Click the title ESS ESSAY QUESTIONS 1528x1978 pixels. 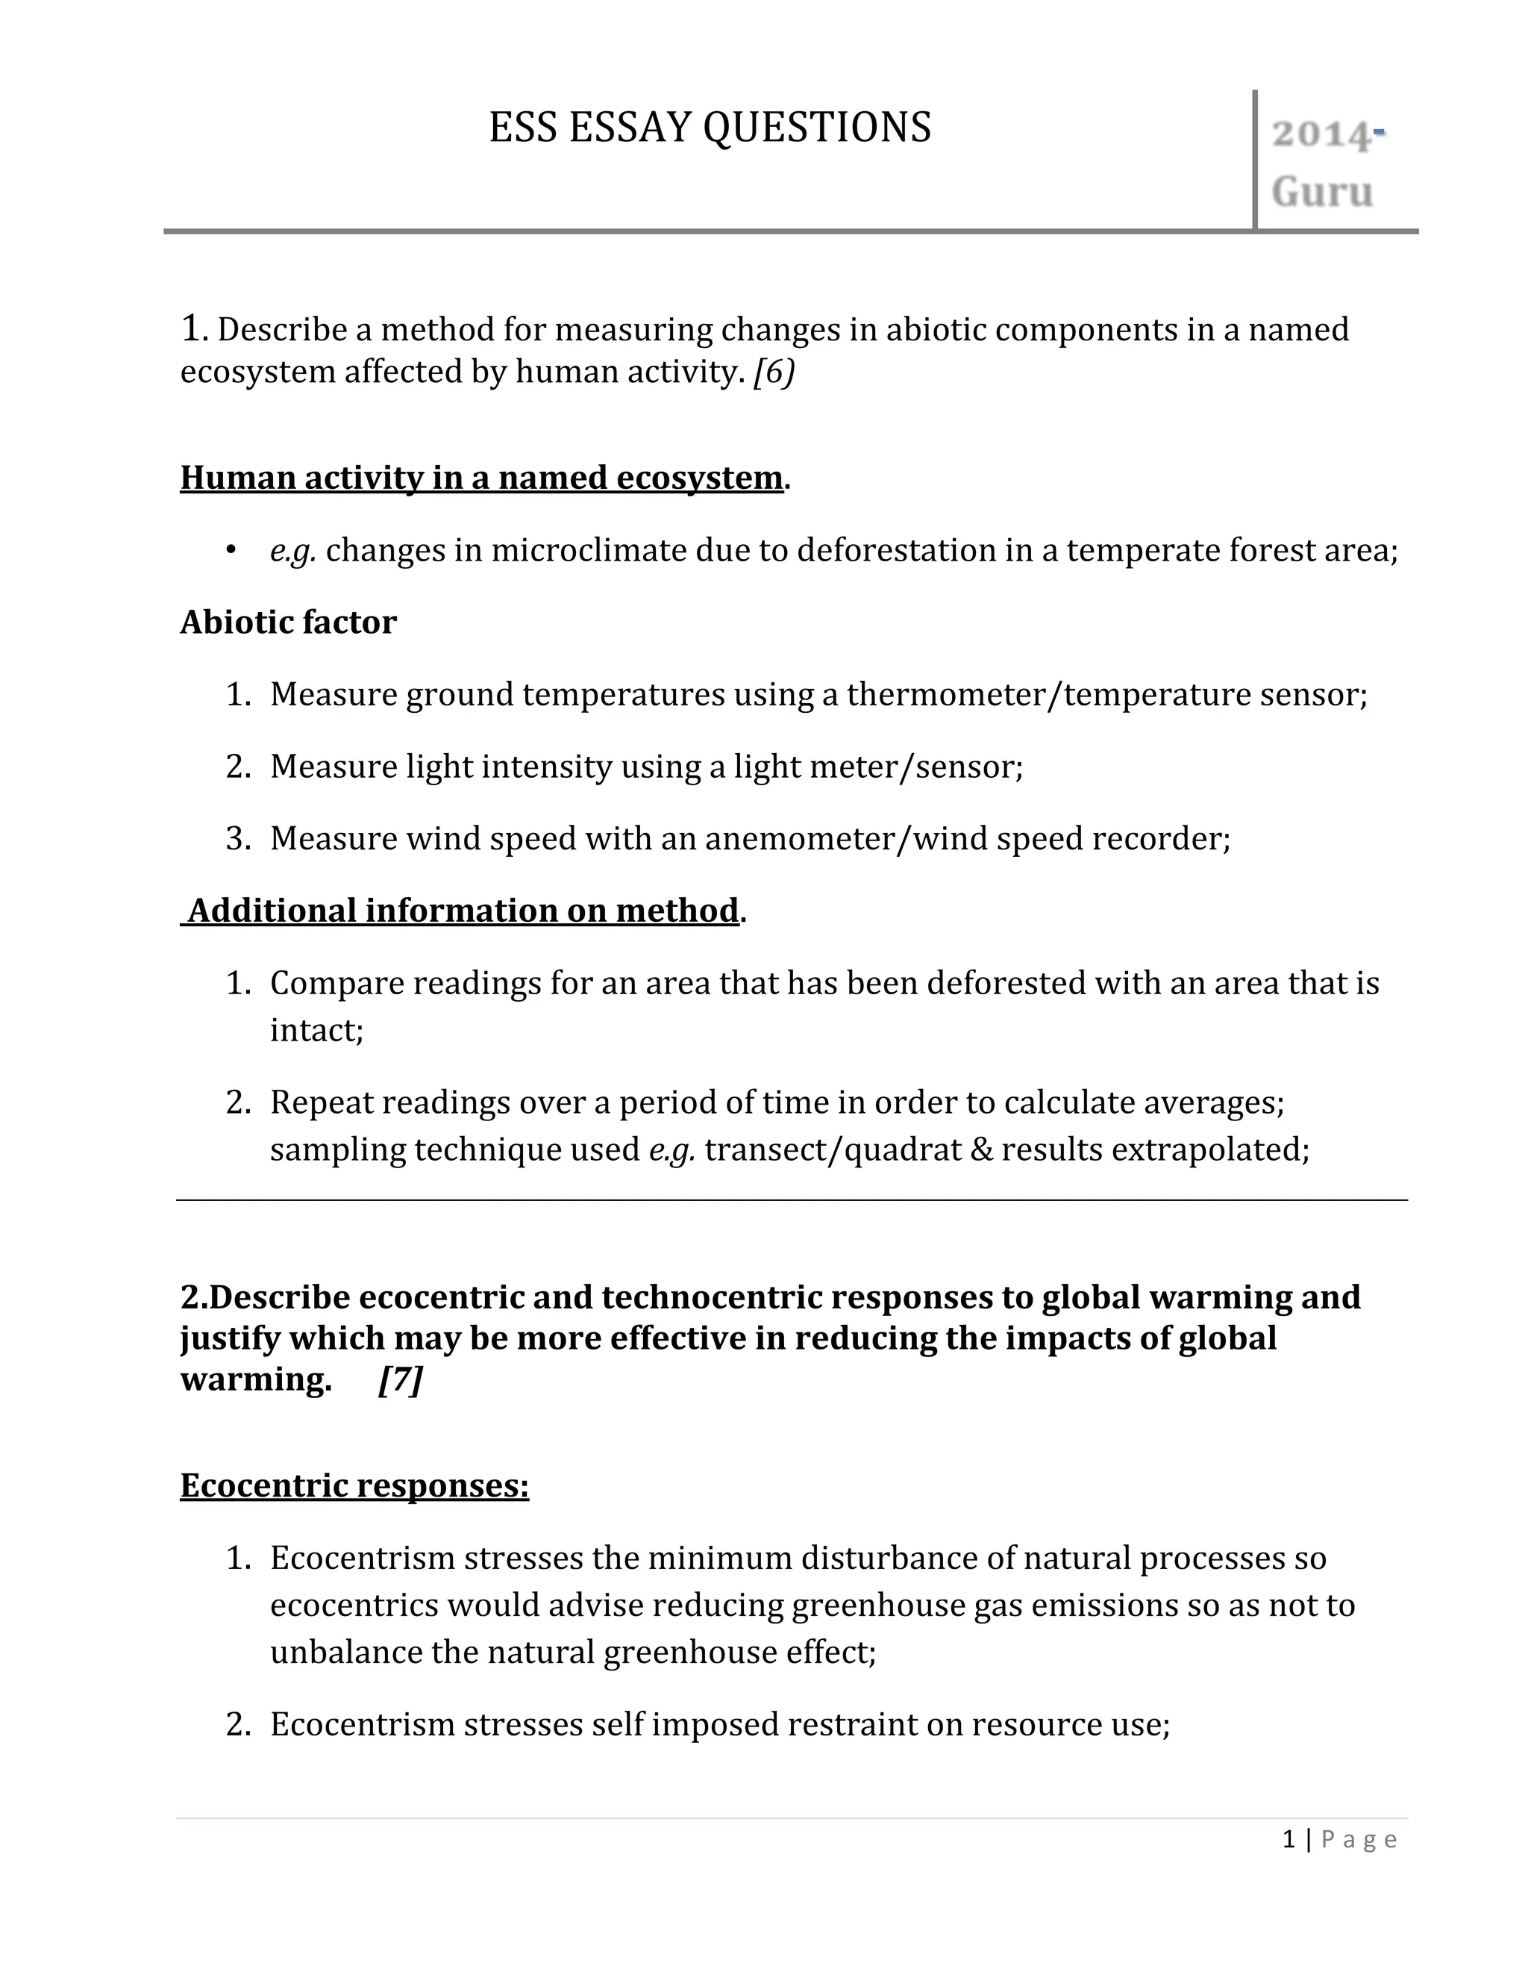pyautogui.click(x=710, y=128)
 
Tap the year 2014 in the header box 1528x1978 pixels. pyautogui.click(x=1321, y=135)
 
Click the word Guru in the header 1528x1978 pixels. pyautogui.click(x=1321, y=192)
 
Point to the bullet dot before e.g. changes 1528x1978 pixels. pyautogui.click(x=232, y=550)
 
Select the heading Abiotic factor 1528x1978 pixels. pyautogui.click(x=288, y=623)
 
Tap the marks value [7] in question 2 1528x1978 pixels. pyautogui.click(x=400, y=1379)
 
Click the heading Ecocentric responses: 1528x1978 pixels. pyautogui.click(x=354, y=1486)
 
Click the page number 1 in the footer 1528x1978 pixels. pyautogui.click(x=1289, y=1839)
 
